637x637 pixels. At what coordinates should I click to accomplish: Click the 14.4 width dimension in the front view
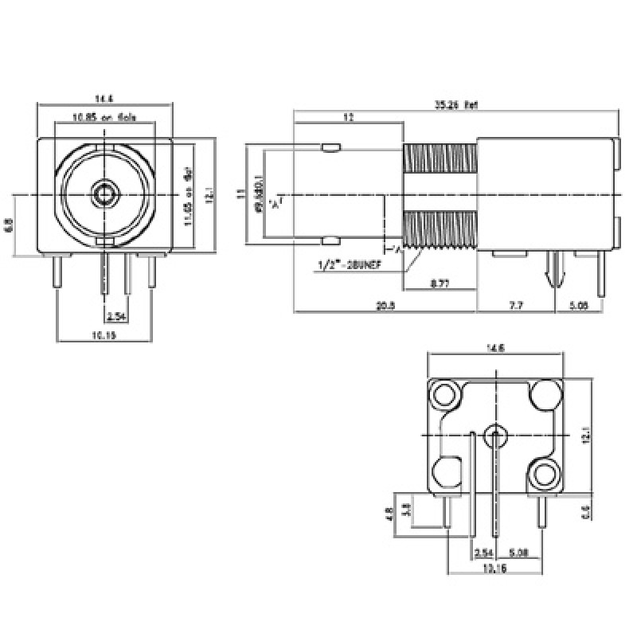[104, 99]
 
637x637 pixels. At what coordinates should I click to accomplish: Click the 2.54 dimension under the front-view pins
[115, 316]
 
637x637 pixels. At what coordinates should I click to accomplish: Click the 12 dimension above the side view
[348, 118]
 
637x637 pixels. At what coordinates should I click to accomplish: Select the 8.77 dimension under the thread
[439, 283]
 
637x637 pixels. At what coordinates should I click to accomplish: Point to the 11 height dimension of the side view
[240, 193]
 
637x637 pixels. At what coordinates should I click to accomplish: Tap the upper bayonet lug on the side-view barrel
[330, 147]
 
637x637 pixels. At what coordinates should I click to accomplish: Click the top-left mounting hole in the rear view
[444, 393]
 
